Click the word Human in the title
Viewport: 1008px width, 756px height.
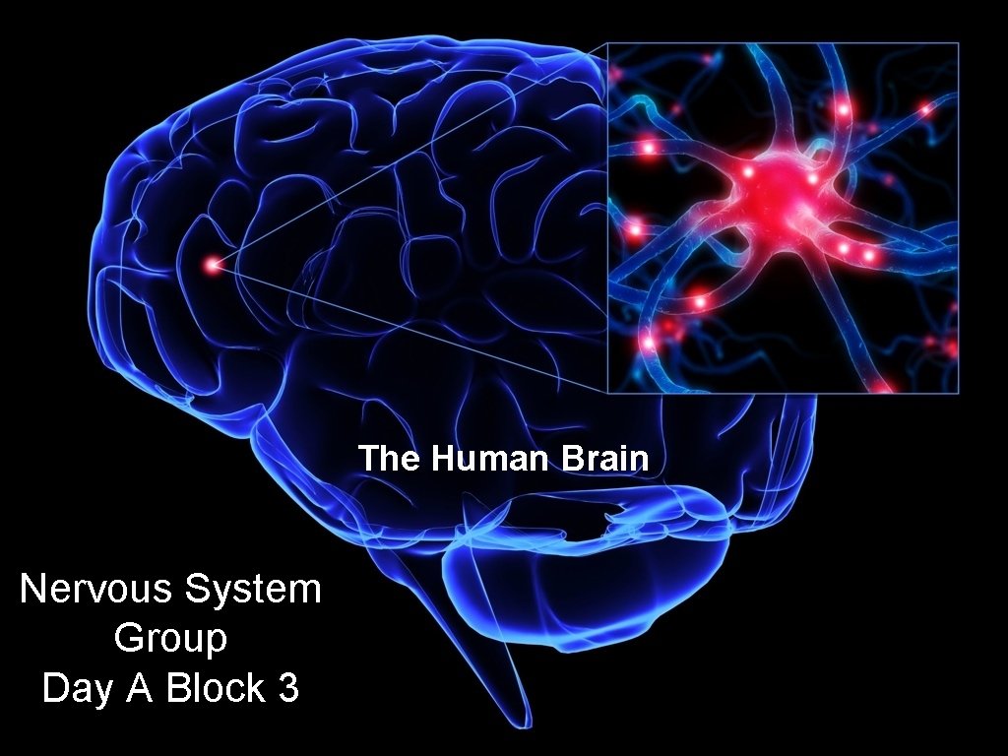477,459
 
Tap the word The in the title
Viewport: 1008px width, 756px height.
384,459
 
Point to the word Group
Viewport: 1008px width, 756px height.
170,639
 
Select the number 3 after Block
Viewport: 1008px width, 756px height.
288,688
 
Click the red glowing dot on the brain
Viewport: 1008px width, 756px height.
212,263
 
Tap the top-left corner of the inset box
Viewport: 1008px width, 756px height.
607,43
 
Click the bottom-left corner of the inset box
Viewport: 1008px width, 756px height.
607,392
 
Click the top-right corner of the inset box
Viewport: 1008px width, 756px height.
958,43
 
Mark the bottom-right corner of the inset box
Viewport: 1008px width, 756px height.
958,392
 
